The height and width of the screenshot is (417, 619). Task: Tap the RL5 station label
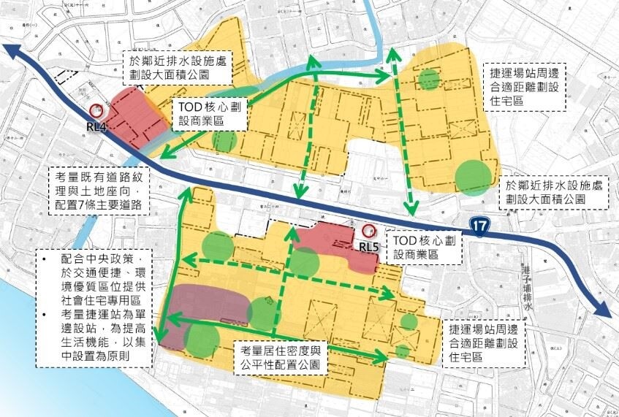[369, 247]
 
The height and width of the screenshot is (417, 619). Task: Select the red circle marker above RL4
[96, 111]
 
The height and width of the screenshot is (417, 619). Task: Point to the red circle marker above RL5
[367, 231]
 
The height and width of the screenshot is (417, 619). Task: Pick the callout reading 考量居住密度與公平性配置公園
[286, 356]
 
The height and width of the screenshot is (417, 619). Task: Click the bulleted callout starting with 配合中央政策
[96, 307]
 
